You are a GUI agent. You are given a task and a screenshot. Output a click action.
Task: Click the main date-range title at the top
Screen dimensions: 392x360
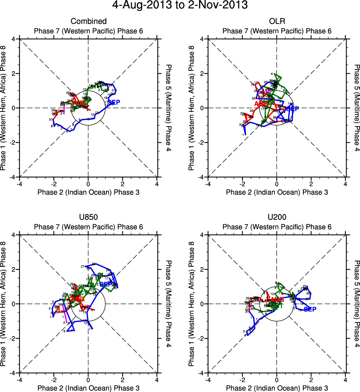pyautogui.click(x=180, y=6)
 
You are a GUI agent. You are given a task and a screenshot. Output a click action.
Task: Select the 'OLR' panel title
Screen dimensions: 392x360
pyautogui.click(x=277, y=21)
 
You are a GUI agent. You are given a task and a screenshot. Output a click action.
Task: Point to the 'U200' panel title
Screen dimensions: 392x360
pyautogui.click(x=277, y=217)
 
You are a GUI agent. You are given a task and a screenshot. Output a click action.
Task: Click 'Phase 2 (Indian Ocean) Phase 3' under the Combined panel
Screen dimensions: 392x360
pyautogui.click(x=88, y=192)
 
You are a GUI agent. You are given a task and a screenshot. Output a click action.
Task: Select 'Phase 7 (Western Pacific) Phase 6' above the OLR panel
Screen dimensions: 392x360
pyautogui.click(x=277, y=31)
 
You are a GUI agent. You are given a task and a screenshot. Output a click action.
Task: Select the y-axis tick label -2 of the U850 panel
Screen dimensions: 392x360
pyautogui.click(x=12, y=338)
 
